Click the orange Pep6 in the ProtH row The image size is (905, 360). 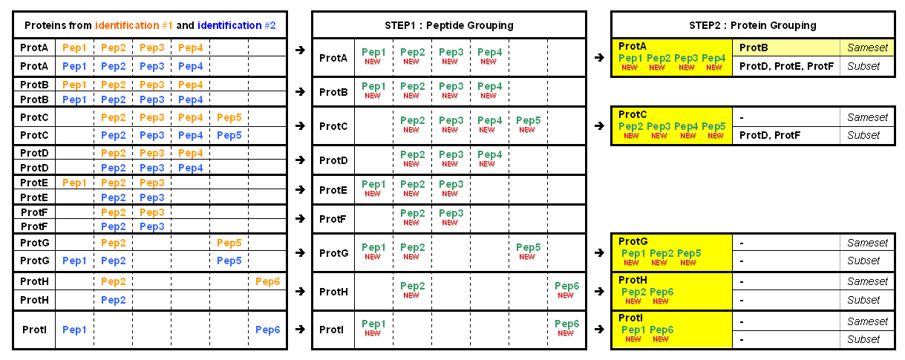click(x=267, y=281)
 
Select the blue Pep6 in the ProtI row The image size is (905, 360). click(x=267, y=330)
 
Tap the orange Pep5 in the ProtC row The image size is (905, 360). click(x=229, y=117)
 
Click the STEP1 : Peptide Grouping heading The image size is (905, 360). click(x=449, y=25)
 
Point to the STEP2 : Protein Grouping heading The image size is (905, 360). click(x=753, y=25)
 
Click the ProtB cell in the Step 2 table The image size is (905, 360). click(x=754, y=48)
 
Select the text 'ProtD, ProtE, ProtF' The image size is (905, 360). click(x=786, y=66)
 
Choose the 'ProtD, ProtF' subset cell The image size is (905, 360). click(x=770, y=135)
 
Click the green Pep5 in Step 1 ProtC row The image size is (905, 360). click(x=528, y=120)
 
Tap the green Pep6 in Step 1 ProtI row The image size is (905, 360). click(x=567, y=324)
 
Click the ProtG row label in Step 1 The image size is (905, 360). click(x=333, y=253)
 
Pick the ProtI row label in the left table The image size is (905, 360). click(x=34, y=330)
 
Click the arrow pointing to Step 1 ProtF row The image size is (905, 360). click(x=300, y=218)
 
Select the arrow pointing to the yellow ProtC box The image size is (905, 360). click(x=600, y=126)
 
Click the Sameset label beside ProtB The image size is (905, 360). click(x=867, y=48)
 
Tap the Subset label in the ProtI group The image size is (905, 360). click(x=863, y=339)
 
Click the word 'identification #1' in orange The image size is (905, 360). click(x=134, y=25)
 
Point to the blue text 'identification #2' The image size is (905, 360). click(x=236, y=25)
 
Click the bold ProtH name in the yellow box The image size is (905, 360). click(x=633, y=280)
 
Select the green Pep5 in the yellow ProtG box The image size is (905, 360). click(x=689, y=253)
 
